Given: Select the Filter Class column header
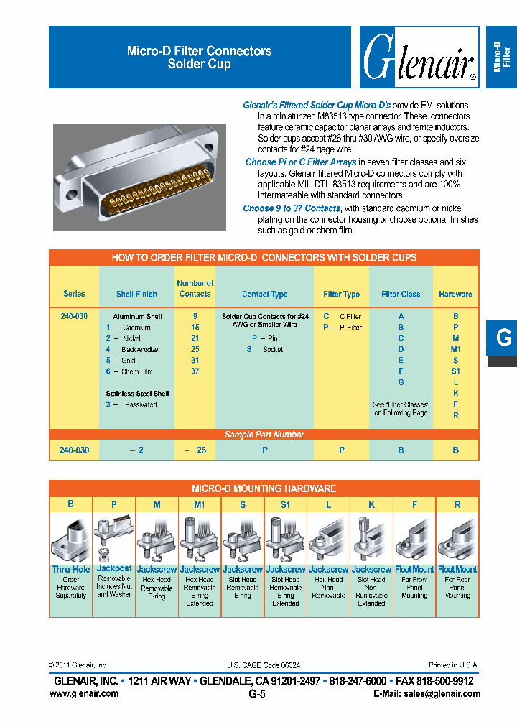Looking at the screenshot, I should (x=401, y=294).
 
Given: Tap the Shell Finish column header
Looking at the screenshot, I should (x=136, y=294).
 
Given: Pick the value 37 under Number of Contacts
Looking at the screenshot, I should (x=195, y=371).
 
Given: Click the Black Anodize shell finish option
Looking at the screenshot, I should (x=139, y=349).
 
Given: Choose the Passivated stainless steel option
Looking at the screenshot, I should (x=140, y=404).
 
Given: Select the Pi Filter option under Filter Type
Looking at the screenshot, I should (x=343, y=327).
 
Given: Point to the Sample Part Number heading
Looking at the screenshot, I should (x=264, y=434).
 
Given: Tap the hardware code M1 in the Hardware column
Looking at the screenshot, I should (x=455, y=349).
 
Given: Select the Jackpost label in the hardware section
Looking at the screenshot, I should (x=113, y=568).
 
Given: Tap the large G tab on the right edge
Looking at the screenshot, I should (x=503, y=338).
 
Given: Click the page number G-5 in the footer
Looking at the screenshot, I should (x=257, y=694).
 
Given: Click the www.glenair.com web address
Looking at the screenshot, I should (x=84, y=693).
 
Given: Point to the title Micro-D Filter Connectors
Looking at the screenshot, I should (x=199, y=51).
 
